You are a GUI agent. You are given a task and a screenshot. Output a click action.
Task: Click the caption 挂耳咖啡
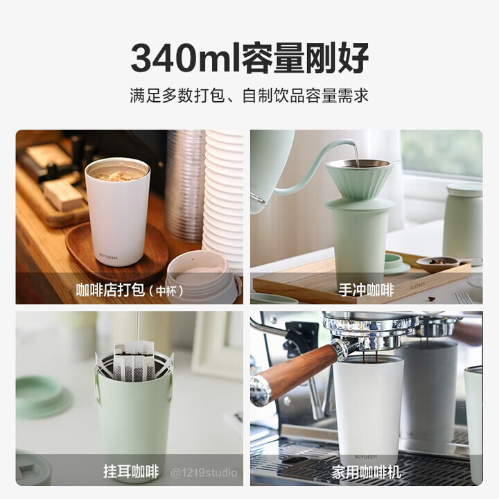coord(131,472)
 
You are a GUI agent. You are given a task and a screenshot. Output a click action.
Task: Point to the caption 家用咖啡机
coord(366,472)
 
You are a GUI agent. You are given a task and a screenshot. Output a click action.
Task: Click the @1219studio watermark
coord(204,473)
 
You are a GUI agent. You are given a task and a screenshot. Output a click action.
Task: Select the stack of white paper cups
coord(223,194)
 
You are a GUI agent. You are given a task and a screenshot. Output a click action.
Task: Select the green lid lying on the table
coord(43,396)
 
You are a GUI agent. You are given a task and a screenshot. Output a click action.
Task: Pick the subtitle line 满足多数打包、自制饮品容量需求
coord(249,96)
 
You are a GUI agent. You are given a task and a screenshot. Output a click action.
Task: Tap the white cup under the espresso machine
coord(368,409)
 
